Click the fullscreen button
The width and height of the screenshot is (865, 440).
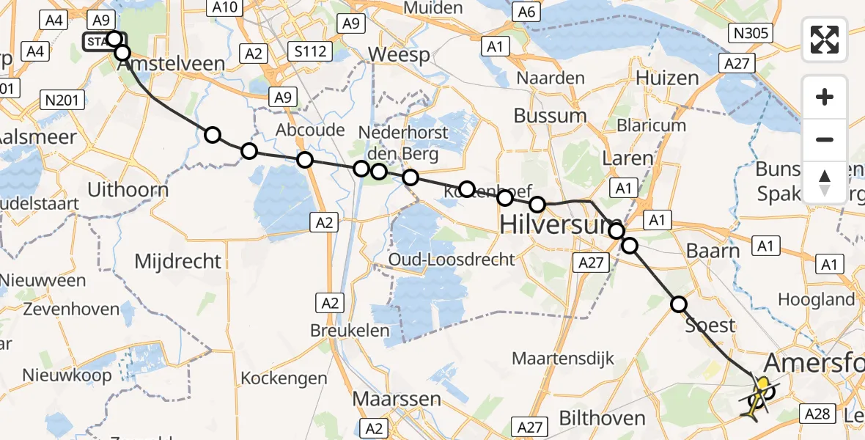[825, 39]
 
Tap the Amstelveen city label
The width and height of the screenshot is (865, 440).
[171, 64]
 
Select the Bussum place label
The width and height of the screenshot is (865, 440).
[550, 116]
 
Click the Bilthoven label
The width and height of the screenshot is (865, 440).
[602, 419]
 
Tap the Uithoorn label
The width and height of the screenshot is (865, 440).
[128, 190]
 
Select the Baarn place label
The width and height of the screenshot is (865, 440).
[713, 251]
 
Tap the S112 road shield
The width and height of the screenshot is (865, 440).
[310, 51]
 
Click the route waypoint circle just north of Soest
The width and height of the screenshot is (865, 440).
[679, 304]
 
